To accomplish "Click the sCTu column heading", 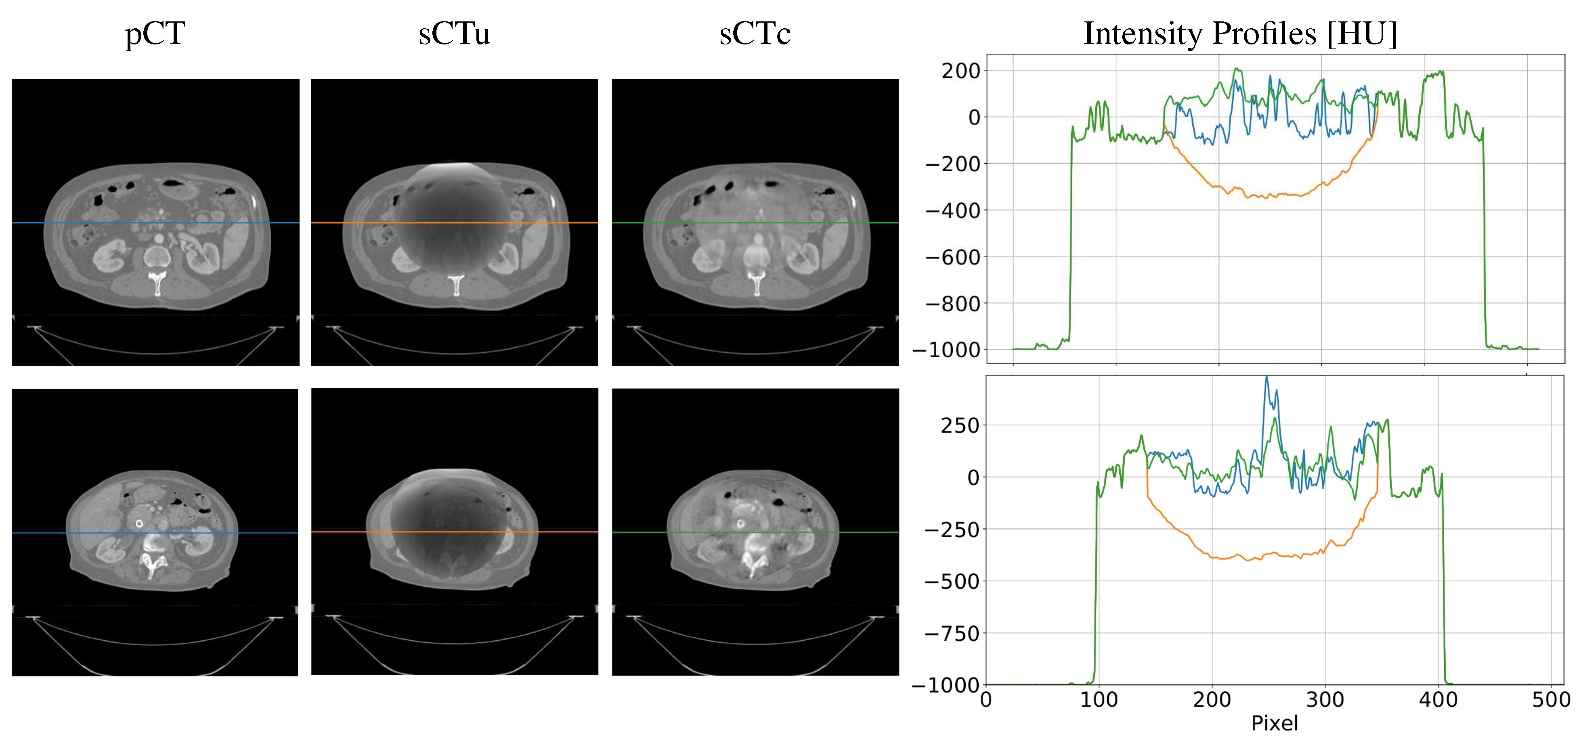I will coord(454,34).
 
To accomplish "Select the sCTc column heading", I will coord(755,34).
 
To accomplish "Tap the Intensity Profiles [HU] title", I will coord(1240,34).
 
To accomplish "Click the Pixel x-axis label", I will coord(1274,723).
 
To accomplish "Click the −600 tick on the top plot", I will coord(952,257).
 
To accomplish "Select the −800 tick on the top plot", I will coord(952,304).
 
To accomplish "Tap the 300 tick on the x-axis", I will coord(1325,700).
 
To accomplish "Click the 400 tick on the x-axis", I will coord(1438,700).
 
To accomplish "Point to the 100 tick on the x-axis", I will coord(1099,700).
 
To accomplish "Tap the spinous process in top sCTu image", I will coord(455,286).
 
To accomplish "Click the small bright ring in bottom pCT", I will coord(139,523).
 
